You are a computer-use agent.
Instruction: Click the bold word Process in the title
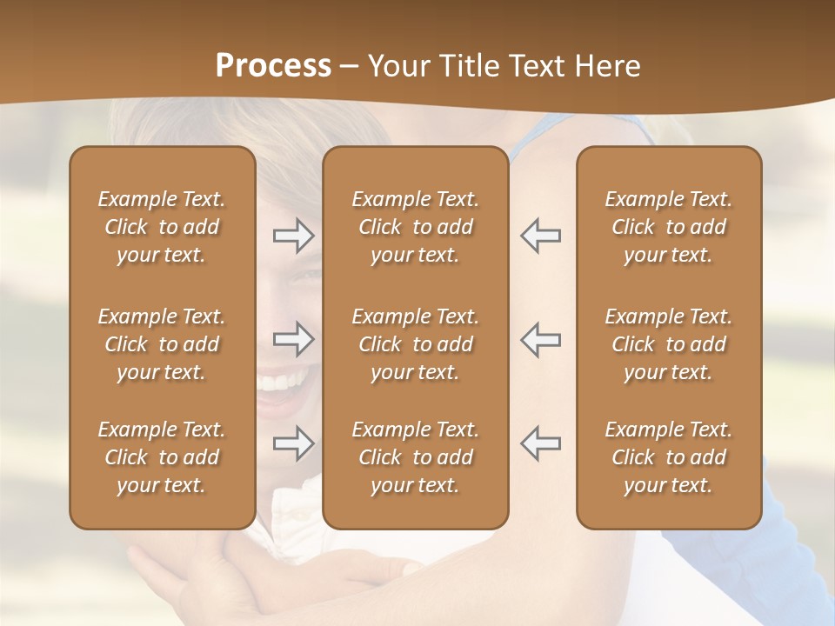tap(273, 65)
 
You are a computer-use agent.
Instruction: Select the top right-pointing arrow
tap(294, 236)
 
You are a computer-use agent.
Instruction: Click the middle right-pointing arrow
tap(294, 339)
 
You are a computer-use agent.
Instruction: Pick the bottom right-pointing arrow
tap(294, 443)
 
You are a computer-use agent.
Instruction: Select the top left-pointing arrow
tap(540, 236)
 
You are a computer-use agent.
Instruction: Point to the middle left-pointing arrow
tap(540, 339)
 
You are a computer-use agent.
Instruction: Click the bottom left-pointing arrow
tap(540, 443)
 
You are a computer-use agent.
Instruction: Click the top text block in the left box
tap(162, 227)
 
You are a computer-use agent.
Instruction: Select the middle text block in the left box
tap(162, 344)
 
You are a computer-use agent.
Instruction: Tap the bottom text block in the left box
tap(162, 457)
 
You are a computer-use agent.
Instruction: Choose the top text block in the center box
tap(415, 227)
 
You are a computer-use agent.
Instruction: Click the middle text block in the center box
tap(415, 344)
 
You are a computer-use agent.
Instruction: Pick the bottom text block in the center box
tap(415, 457)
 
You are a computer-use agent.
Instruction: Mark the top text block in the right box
tap(668, 227)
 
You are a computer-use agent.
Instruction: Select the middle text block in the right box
tap(668, 344)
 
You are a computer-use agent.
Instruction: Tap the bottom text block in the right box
tap(668, 457)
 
